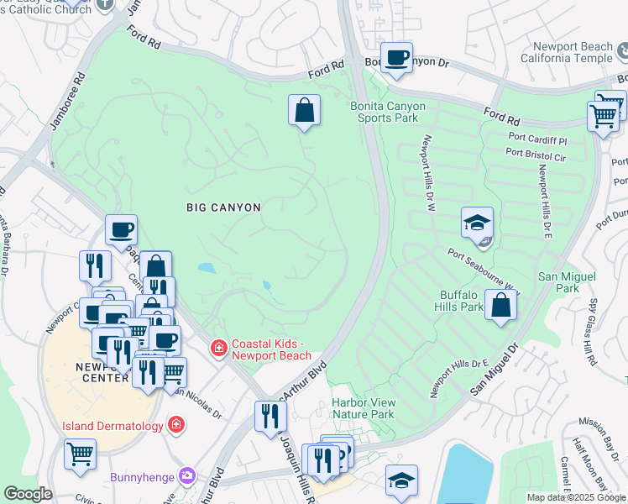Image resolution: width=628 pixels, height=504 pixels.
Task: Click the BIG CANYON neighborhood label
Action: [223, 207]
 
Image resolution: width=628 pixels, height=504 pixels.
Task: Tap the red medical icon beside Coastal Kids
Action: [218, 347]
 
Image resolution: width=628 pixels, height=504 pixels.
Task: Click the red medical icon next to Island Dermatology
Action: [176, 425]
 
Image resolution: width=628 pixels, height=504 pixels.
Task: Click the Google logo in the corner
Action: [28, 494]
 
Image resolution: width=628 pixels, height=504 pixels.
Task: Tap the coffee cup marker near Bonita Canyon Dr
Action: [396, 59]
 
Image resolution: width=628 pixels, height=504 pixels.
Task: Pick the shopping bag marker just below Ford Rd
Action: [304, 111]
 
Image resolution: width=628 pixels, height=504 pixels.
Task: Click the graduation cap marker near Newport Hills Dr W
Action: [477, 223]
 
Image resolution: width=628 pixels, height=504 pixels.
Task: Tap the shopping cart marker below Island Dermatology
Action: [81, 454]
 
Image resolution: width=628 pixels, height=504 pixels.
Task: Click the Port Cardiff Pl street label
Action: [538, 136]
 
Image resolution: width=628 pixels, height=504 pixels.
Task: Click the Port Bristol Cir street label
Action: [536, 154]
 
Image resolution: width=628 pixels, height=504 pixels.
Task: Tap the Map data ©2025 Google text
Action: [575, 497]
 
